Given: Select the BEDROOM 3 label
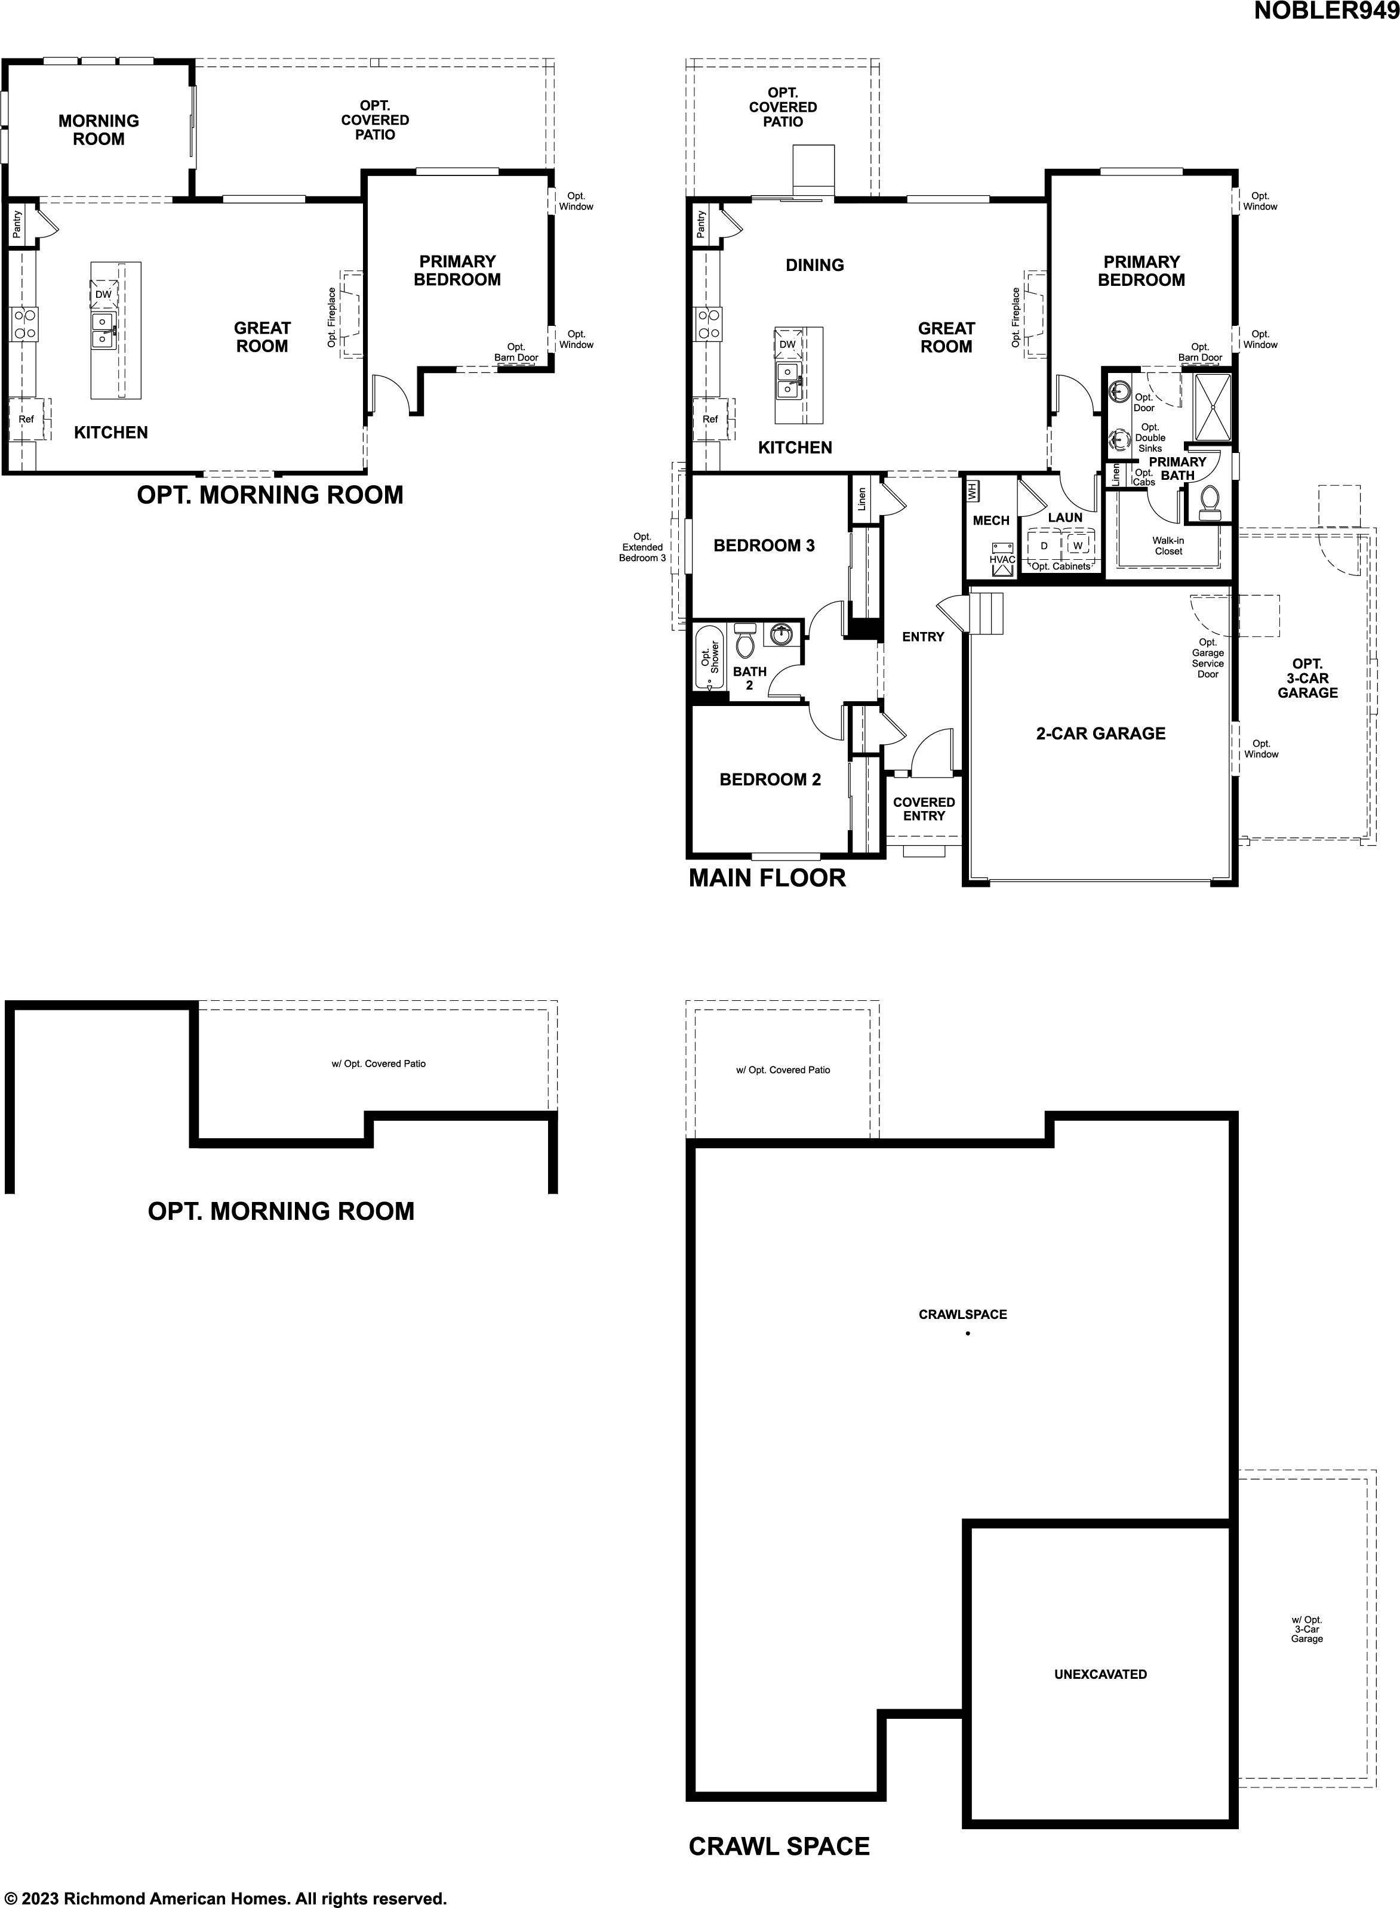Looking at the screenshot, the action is [764, 545].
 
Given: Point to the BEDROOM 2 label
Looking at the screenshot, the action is [770, 779].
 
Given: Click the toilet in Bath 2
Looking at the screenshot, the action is [745, 642].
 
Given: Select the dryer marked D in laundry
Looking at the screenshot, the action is [1044, 545].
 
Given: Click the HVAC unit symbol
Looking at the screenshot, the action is [1002, 560].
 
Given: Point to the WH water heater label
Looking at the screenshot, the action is [971, 489].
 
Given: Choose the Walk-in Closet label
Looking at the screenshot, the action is [1168, 545].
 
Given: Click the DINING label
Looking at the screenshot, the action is [814, 265].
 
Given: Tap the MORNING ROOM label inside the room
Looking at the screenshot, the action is [99, 130].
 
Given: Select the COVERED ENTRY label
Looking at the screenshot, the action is [924, 809].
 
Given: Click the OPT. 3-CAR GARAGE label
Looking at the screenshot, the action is [1307, 679].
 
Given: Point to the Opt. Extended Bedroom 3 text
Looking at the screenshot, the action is [642, 547].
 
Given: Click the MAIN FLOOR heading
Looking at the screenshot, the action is [767, 879].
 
